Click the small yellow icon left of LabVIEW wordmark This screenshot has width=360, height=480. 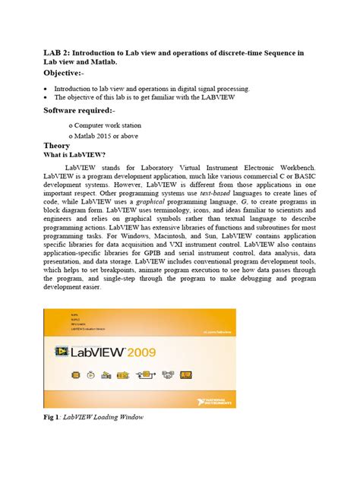coord(61,351)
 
